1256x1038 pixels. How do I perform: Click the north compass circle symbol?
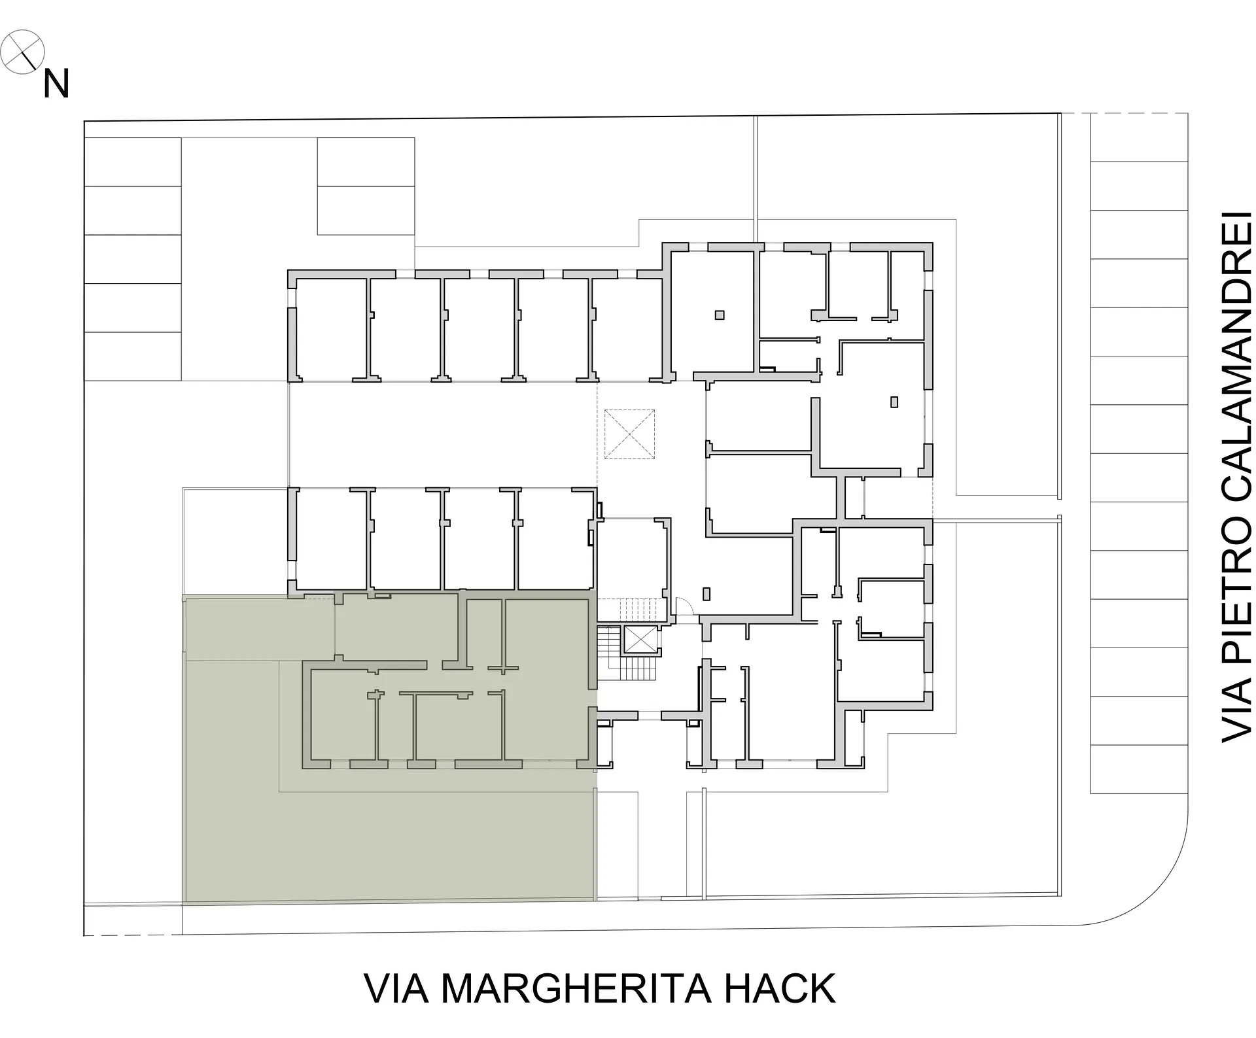[x=22, y=52]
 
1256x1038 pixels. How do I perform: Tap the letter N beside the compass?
[x=56, y=84]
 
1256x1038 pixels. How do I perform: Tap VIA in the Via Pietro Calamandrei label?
[x=1236, y=712]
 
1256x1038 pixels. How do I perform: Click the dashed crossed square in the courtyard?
[x=629, y=434]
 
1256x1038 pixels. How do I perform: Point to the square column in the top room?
[x=720, y=315]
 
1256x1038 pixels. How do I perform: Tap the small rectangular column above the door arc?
[x=706, y=594]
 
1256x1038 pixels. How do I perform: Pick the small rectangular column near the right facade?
[x=894, y=402]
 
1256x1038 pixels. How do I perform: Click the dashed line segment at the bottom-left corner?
[x=133, y=935]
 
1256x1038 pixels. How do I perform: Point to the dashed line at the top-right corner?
[x=1125, y=113]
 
